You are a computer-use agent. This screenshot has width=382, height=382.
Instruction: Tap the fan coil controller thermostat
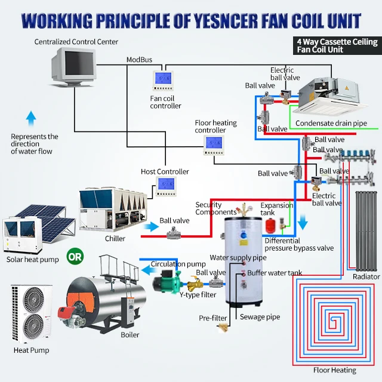(x=163, y=79)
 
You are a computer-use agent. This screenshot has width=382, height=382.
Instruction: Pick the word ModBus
(x=139, y=60)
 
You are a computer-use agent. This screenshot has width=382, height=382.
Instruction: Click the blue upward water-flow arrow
(x=31, y=117)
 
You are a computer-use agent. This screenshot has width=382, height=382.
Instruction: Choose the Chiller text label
(x=115, y=239)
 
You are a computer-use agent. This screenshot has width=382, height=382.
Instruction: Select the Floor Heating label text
(x=334, y=370)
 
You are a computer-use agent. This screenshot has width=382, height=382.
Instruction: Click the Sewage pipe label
(x=260, y=317)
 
